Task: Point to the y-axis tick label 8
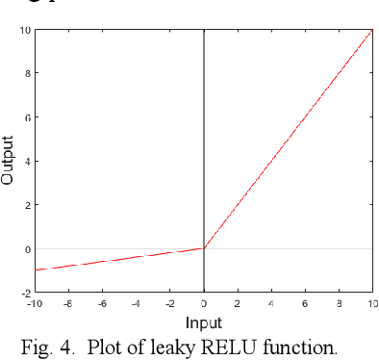[27, 73]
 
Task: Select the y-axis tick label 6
[27, 117]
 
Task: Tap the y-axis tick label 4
[27, 161]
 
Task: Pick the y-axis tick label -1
[25, 270]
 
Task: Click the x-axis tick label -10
[36, 303]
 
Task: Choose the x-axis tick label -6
[102, 303]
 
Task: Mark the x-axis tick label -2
[168, 303]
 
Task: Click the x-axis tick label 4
[272, 303]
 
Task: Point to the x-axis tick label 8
[339, 303]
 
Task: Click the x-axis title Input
[203, 322]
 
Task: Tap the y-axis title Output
[9, 160]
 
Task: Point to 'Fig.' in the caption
[36, 347]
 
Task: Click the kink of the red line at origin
[204, 248]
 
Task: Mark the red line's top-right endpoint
[372, 30]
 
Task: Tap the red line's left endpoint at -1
[36, 270]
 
